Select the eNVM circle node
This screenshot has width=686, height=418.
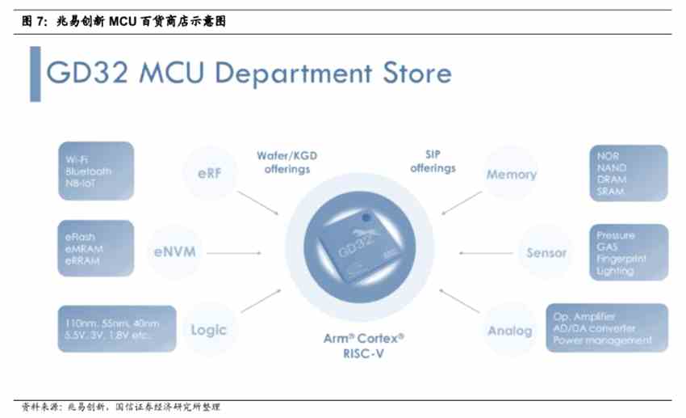[x=174, y=251]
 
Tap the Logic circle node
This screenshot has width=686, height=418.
[x=208, y=330]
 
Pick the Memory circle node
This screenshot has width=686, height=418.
[x=511, y=175]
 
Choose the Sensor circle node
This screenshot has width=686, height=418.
[x=546, y=252]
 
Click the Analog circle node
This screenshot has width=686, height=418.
[x=510, y=330]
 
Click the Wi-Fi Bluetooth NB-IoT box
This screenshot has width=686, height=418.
[x=95, y=171]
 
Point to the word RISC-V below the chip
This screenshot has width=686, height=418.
[x=358, y=353]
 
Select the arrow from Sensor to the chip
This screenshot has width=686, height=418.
[x=484, y=252]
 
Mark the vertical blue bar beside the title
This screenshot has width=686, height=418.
[x=36, y=74]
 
